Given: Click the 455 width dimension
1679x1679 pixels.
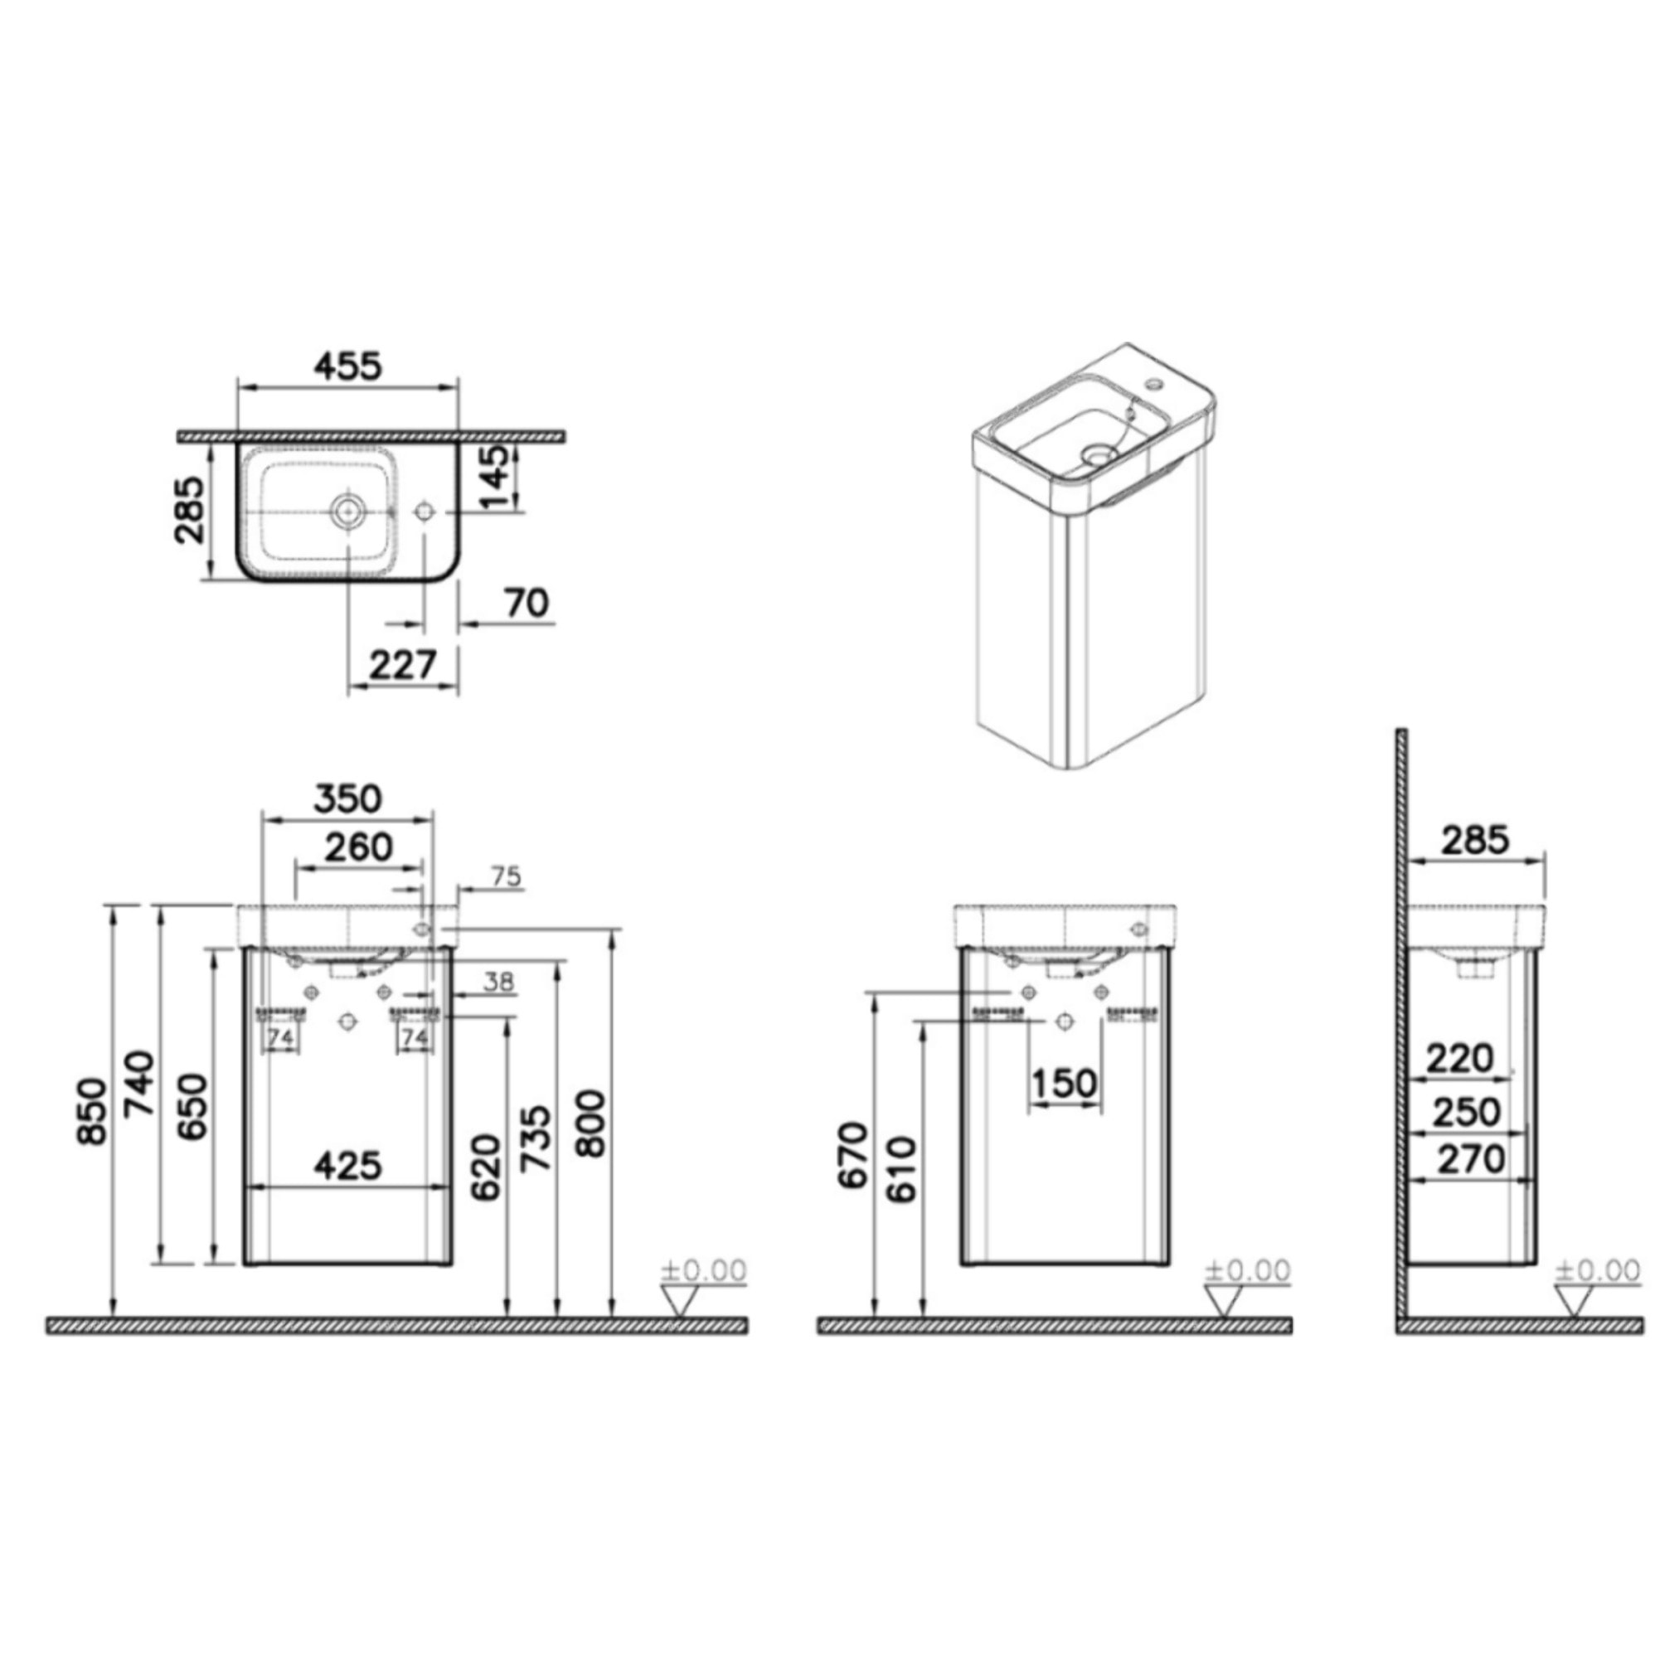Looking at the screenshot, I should click(347, 366).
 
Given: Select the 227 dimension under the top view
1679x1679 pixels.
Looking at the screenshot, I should click(402, 666).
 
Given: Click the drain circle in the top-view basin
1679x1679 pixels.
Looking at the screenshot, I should click(348, 510).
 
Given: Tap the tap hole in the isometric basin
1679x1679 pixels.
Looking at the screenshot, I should click(1154, 382).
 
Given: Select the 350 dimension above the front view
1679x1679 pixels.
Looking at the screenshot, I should click(347, 798).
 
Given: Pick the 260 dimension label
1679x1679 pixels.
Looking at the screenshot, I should click(358, 847).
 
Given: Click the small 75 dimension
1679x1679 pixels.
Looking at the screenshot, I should click(506, 878).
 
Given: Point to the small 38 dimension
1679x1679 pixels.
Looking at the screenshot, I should click(498, 983).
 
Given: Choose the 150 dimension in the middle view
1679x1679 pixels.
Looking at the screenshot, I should click(1065, 1084).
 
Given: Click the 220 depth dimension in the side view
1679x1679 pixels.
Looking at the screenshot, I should click(1460, 1059).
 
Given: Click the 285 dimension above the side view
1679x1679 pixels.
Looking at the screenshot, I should click(1475, 839).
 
